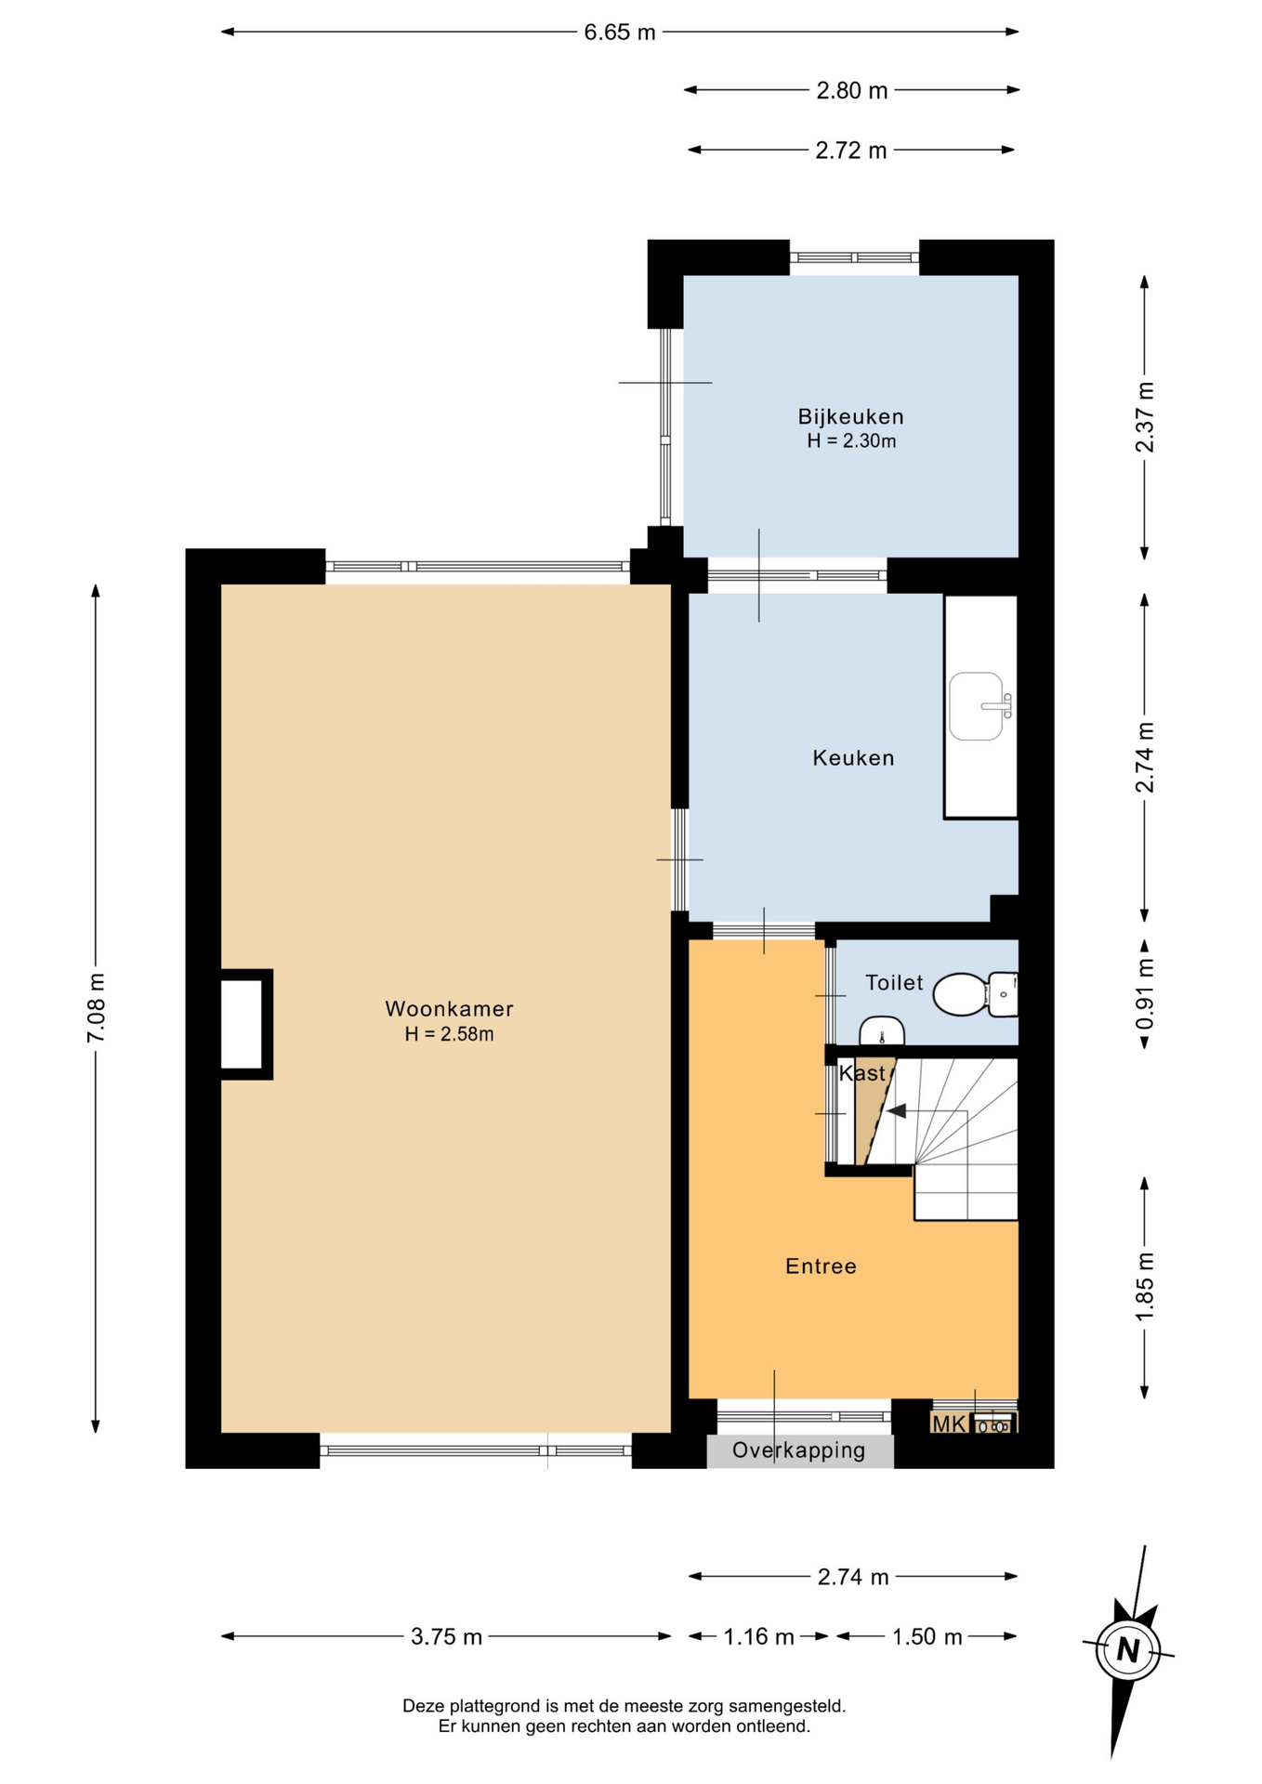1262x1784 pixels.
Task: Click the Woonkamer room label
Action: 449,1009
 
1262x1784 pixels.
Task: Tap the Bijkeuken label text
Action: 850,416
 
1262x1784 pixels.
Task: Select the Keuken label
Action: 853,758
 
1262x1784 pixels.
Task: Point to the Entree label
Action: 821,1266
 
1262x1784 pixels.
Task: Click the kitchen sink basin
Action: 977,706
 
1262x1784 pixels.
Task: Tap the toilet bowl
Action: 961,994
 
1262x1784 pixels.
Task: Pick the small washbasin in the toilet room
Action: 881,1032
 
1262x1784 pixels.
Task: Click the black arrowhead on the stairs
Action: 896,1110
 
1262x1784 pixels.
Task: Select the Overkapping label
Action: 798,1450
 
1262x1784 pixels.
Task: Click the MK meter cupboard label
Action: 949,1423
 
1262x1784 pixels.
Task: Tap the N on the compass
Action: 1128,1650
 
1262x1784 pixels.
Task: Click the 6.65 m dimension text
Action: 620,33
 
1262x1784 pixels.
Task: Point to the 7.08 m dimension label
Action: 96,1007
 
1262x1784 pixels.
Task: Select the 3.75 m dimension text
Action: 446,1636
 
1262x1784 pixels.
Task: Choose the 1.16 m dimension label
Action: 758,1636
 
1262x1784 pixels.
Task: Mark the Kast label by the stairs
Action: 862,1073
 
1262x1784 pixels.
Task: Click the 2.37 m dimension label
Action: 1145,417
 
